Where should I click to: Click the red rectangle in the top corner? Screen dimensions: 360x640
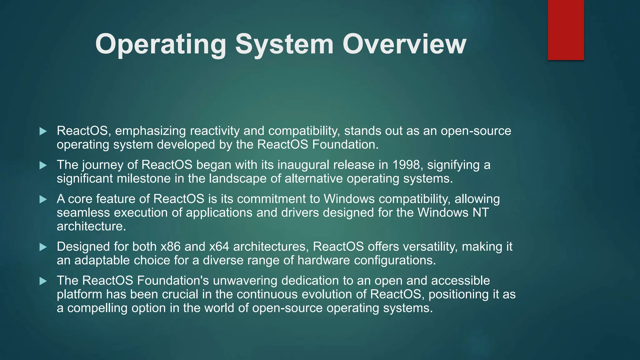tap(566, 30)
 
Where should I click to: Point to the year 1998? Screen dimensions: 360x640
tap(406, 165)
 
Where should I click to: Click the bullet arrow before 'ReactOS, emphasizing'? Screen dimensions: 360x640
tap(43, 131)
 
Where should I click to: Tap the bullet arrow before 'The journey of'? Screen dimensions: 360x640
tap(43, 165)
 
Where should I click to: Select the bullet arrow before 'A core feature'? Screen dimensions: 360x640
tap(43, 199)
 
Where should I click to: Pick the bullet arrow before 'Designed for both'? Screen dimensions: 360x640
tap(43, 247)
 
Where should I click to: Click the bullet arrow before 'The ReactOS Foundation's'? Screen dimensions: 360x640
tap(43, 281)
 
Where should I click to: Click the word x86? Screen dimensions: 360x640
tap(171, 247)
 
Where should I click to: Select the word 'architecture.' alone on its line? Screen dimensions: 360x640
tap(91, 226)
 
